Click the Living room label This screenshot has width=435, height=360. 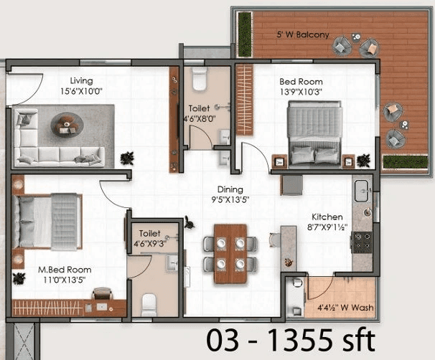(x=81, y=81)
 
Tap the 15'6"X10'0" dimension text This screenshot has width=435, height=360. (x=81, y=92)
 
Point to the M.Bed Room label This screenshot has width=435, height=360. (x=65, y=270)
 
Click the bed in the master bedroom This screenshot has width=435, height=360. (x=48, y=222)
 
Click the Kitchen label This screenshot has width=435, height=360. (x=327, y=217)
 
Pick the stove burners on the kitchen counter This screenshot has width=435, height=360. (x=362, y=241)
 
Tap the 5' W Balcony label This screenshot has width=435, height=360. (x=304, y=34)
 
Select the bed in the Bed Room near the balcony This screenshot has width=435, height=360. (x=314, y=131)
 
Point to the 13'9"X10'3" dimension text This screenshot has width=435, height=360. (x=302, y=93)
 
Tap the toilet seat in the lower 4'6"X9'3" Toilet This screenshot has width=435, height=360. (x=149, y=305)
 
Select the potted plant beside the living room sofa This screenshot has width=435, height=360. (x=127, y=158)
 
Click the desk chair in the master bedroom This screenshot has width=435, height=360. (x=102, y=293)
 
